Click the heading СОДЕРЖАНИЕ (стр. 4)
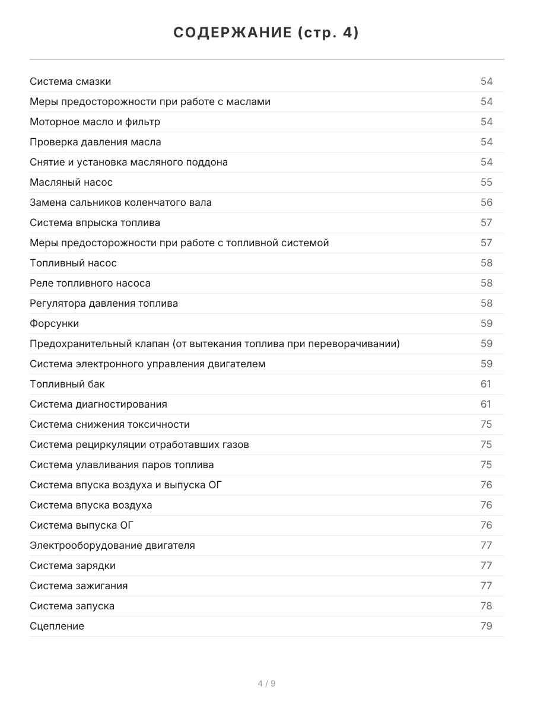coord(266,33)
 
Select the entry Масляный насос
coord(71,182)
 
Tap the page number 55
coord(487,182)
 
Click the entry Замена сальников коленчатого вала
coord(120,202)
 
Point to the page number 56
coord(487,202)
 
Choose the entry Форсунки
coord(54,323)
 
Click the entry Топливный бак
coord(67,384)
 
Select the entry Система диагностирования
coord(98,404)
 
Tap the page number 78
coord(487,606)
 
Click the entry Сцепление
coord(57,626)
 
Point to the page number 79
coord(487,626)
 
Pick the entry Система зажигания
coord(78,586)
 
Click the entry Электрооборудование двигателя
coord(112,545)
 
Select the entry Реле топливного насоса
coord(90,283)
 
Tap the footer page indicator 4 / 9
coord(266,684)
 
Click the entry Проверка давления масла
coord(96,142)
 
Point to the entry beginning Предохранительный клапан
coord(215,344)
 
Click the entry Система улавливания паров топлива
coord(122,465)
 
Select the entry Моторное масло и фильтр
coord(95,122)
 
